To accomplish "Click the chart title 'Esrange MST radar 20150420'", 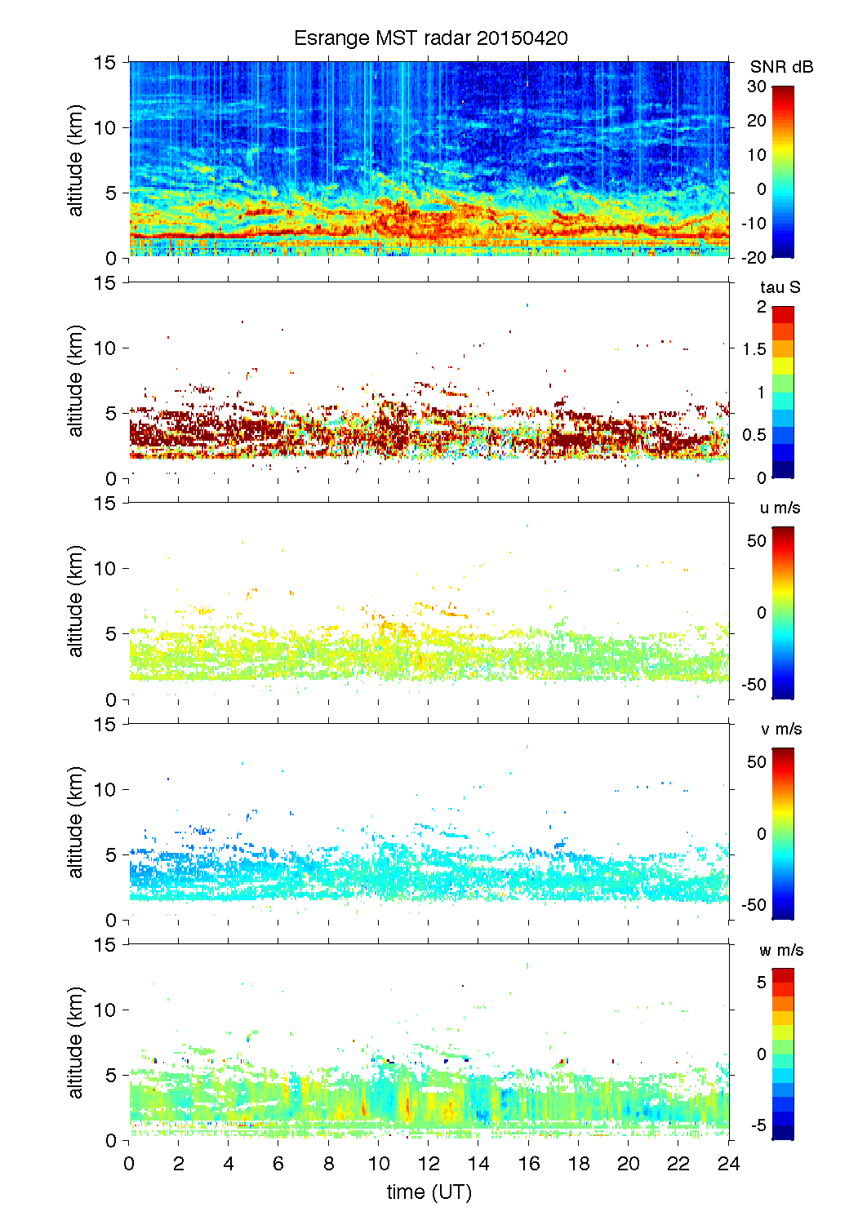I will (430, 38).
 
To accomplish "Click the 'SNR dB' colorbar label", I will (781, 67).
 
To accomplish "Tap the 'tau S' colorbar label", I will (780, 287).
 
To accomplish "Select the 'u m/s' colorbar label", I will (780, 508).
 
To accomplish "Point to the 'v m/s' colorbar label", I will (780, 729).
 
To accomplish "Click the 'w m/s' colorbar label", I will (781, 950).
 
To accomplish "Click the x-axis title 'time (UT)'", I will (429, 1192).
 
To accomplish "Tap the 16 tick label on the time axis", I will (528, 1164).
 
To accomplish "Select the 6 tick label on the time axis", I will (278, 1164).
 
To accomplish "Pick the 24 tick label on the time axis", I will (728, 1164).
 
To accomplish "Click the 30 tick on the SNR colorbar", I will (757, 87).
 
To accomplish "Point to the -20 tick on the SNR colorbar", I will (754, 257).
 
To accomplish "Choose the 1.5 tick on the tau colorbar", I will (754, 349).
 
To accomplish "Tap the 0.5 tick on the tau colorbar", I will (754, 435).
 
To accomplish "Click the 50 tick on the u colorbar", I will (757, 541).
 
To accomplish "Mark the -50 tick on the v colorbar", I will (754, 904).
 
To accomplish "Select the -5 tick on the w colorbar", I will (758, 1125).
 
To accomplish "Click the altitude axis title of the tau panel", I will (76, 380).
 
